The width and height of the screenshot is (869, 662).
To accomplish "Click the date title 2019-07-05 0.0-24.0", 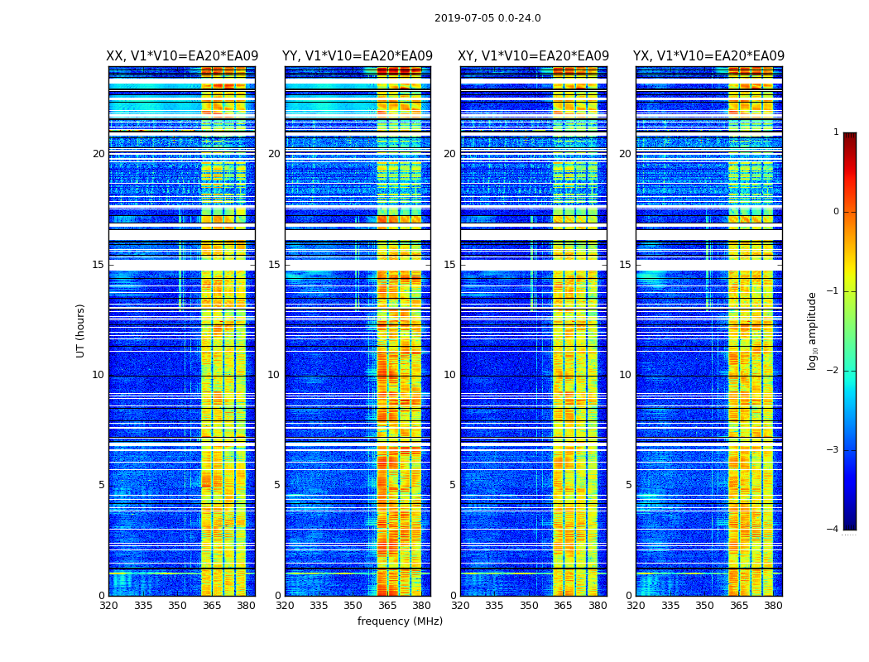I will point(487,18).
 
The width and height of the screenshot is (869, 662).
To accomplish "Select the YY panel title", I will point(358,56).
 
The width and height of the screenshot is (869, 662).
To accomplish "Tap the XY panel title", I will point(534,56).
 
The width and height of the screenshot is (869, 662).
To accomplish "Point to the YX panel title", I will point(708,56).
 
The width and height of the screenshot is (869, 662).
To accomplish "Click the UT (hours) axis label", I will point(81,330).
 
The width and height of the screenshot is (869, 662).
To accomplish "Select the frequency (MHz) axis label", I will point(400,621).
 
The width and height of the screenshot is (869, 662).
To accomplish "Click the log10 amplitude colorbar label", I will point(812,330).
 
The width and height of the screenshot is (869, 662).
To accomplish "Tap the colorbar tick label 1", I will point(835,132).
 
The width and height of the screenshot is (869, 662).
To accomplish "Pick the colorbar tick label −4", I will point(833,530).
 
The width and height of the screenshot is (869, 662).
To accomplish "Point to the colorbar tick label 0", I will point(835,212).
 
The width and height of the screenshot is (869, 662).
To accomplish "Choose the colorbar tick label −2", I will point(833,371).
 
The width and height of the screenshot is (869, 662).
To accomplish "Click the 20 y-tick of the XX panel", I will point(98,154).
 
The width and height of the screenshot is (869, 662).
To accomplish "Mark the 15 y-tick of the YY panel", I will point(275,265).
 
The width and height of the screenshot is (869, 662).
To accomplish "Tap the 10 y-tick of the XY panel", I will point(449,375).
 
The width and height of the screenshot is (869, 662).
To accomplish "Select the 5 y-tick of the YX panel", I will point(628,485).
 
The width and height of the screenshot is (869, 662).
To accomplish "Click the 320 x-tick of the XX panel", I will point(108,606).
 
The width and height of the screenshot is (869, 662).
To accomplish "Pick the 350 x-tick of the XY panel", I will point(529,606).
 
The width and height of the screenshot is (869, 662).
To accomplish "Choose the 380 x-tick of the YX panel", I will point(773,606).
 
